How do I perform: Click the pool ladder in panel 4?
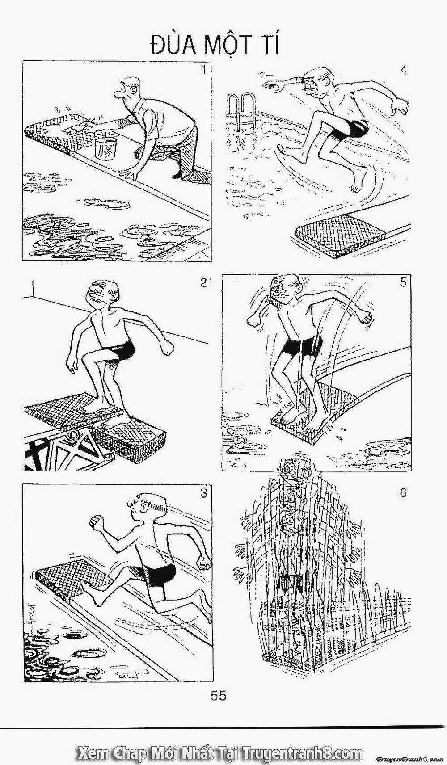pos(240,110)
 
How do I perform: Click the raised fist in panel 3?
pos(96,522)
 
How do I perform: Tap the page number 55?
pos(219,696)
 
